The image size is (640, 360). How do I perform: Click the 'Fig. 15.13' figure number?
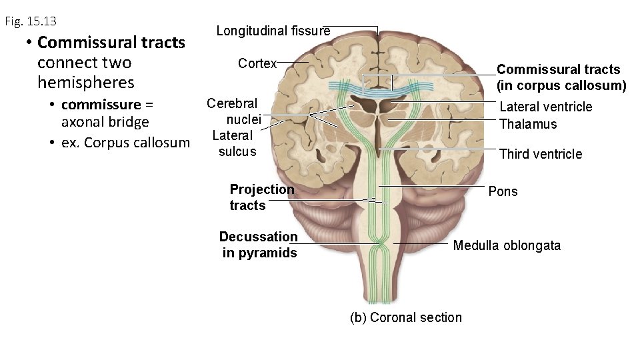click(x=31, y=22)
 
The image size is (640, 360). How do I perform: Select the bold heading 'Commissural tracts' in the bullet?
click(x=111, y=43)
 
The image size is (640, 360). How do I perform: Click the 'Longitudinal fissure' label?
click(x=273, y=31)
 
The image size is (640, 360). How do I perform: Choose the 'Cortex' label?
click(x=257, y=63)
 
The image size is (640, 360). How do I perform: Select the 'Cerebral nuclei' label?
click(x=233, y=112)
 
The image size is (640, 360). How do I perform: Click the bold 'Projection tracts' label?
click(x=261, y=197)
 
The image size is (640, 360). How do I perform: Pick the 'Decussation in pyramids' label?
click(x=259, y=245)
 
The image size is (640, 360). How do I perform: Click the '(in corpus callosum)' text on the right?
click(x=562, y=85)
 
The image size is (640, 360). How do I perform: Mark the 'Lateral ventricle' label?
click(x=545, y=107)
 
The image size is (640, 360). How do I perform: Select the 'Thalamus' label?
click(x=527, y=124)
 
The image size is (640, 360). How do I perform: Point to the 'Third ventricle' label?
click(x=540, y=154)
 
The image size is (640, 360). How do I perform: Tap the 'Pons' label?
click(x=502, y=191)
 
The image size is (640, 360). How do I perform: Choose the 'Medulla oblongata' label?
click(x=507, y=245)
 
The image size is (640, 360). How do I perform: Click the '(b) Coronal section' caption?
click(x=405, y=317)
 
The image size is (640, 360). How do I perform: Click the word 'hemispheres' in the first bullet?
click(x=86, y=83)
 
